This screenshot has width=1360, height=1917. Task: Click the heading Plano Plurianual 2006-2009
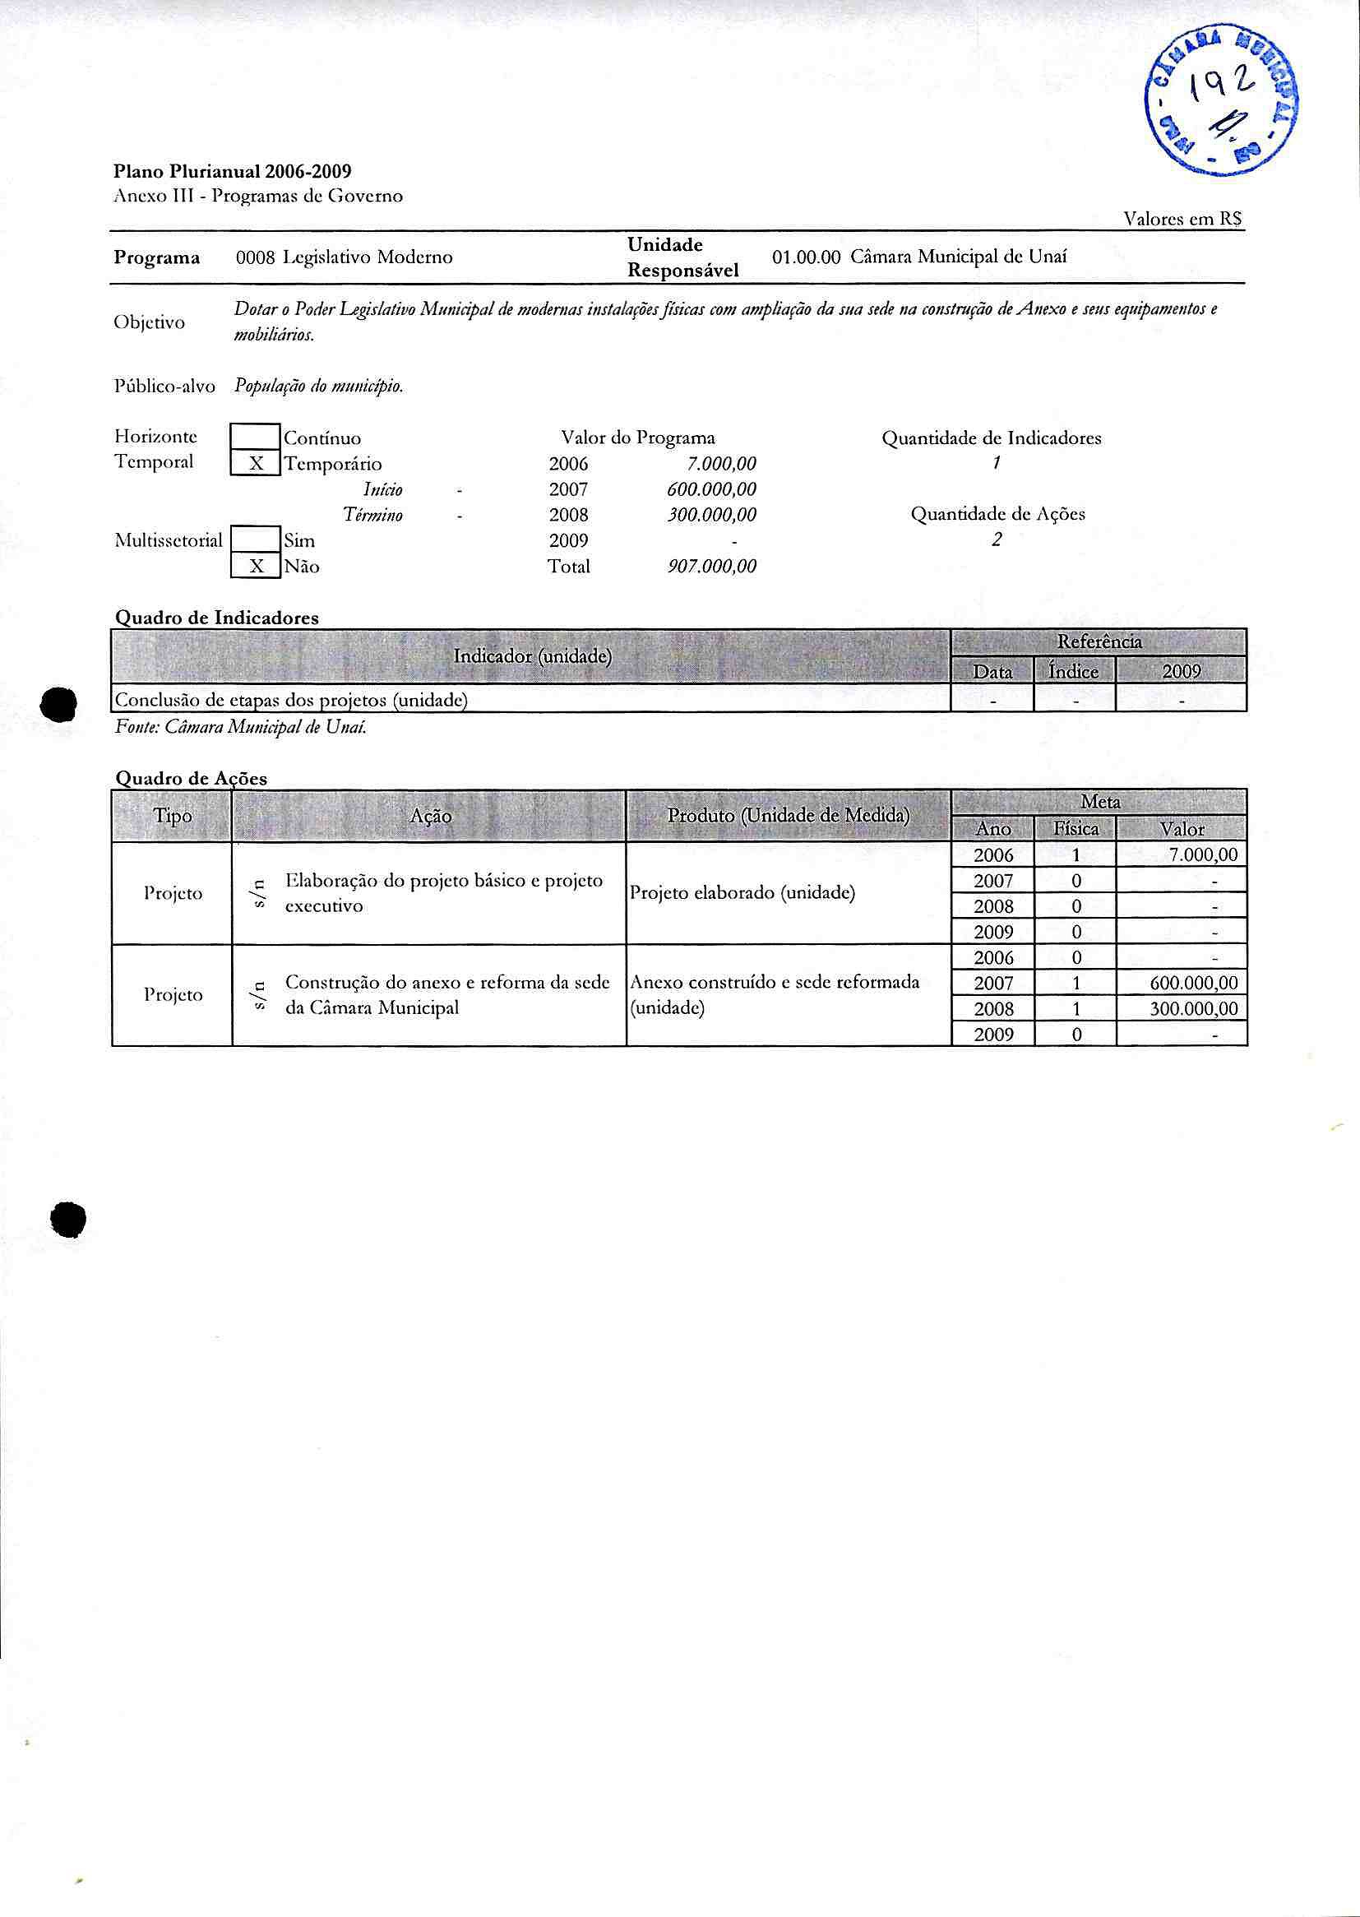tap(233, 172)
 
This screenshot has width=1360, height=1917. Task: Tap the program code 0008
tap(256, 257)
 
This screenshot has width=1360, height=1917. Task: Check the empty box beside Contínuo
tap(256, 438)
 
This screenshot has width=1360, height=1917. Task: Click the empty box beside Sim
tap(256, 540)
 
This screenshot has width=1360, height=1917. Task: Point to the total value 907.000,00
tap(712, 567)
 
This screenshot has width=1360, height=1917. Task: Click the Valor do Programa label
tap(638, 438)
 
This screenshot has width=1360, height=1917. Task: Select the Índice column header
tap(1074, 672)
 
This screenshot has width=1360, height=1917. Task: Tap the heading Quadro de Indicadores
tap(217, 618)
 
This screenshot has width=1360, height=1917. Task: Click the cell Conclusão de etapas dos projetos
tap(290, 699)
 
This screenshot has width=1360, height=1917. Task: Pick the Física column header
tap(1076, 829)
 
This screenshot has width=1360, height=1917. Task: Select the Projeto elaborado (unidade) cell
tap(742, 893)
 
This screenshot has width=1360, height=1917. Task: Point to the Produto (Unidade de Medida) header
tap(788, 815)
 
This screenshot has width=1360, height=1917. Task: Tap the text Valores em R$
tap(1182, 220)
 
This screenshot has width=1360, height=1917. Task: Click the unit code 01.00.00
tap(805, 258)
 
